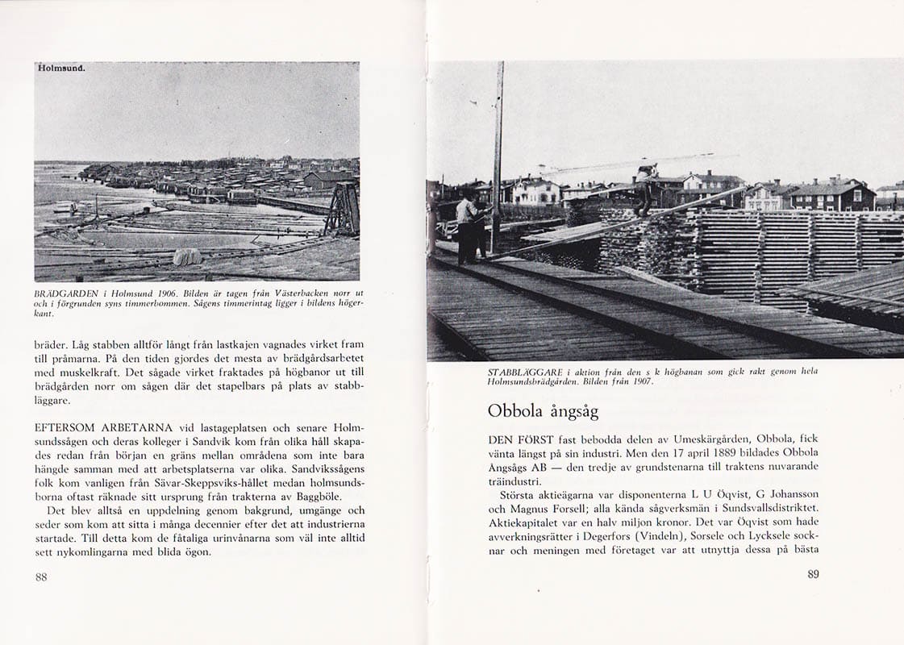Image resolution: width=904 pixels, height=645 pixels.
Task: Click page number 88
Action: pos(41,576)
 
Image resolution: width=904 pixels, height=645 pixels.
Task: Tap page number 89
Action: pos(813,574)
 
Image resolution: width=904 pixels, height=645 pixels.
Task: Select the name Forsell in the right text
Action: pos(579,507)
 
